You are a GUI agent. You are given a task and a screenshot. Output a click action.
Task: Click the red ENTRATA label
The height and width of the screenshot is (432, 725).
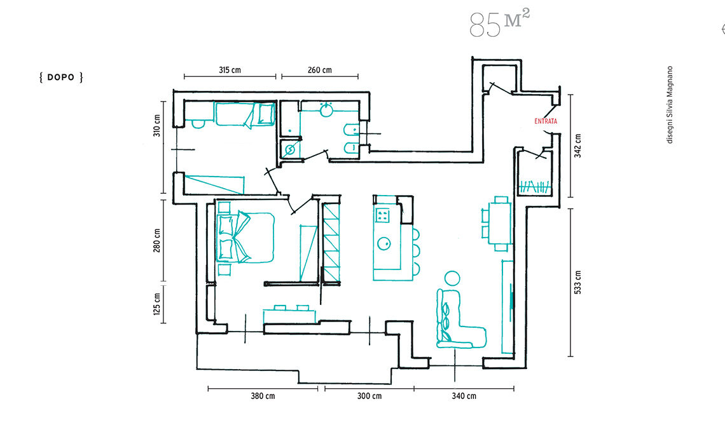[546, 121]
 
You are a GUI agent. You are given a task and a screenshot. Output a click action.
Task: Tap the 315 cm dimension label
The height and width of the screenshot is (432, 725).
[230, 71]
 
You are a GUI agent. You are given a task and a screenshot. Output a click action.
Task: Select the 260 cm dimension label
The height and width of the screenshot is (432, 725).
[319, 71]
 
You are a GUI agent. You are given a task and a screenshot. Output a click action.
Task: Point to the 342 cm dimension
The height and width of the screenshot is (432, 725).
[577, 146]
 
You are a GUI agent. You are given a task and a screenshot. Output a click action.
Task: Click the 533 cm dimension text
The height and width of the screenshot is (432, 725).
[577, 282]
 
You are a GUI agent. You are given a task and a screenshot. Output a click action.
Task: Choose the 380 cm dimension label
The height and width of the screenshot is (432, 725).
[263, 396]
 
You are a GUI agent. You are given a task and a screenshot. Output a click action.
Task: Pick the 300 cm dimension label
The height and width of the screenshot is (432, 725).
[369, 396]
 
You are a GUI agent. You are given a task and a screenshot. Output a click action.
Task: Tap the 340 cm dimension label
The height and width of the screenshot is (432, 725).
[464, 396]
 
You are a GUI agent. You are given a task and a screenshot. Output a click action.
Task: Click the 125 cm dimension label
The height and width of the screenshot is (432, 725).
[156, 304]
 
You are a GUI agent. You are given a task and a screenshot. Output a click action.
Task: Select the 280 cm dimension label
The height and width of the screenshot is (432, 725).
[156, 240]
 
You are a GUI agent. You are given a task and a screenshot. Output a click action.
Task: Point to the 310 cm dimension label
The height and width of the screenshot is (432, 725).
[156, 125]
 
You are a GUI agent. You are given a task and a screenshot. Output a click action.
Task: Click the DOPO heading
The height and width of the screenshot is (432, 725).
[61, 77]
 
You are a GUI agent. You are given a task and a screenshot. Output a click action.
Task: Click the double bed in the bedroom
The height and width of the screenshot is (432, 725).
[245, 238]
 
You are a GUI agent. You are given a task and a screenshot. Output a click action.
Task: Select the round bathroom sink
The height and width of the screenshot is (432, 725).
[327, 109]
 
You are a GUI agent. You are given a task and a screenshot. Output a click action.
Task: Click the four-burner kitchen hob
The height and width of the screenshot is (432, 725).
[382, 215]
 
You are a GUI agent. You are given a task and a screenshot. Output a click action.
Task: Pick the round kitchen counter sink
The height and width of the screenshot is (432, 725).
[383, 243]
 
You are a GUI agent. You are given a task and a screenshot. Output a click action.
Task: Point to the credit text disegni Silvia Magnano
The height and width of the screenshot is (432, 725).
[670, 105]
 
